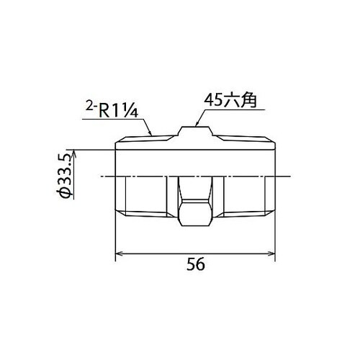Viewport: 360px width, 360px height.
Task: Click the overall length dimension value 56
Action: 195,264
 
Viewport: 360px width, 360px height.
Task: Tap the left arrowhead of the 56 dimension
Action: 119,253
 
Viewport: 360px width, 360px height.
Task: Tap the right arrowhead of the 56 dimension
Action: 274,253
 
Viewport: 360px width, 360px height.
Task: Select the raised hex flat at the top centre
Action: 196,131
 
